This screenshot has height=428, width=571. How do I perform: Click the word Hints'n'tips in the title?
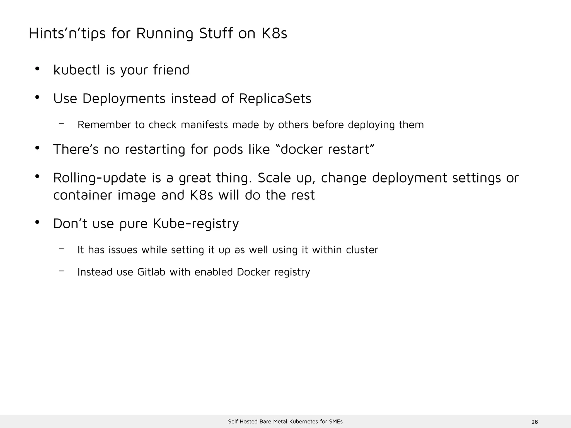click(67, 33)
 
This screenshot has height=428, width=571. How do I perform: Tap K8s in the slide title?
click(274, 33)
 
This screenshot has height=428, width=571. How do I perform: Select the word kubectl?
click(77, 70)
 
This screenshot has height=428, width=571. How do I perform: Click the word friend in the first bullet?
click(171, 70)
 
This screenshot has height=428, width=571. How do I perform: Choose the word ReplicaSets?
click(275, 98)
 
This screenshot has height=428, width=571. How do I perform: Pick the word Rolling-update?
click(100, 178)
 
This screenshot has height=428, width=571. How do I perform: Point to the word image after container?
click(137, 195)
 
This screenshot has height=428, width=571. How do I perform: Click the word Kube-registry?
click(196, 224)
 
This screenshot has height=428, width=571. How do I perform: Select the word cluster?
click(362, 250)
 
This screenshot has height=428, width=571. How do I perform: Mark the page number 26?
click(534, 422)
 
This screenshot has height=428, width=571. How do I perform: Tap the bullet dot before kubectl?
click(37, 69)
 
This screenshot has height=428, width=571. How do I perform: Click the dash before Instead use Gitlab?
click(62, 270)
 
